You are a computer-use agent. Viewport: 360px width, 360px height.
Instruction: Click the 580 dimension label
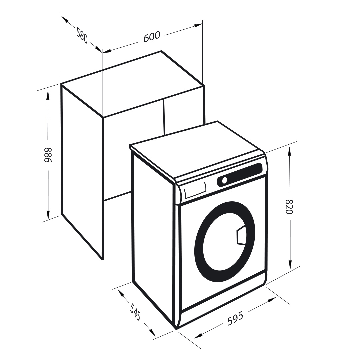click(82, 36)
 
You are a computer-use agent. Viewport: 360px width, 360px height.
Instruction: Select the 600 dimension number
click(152, 37)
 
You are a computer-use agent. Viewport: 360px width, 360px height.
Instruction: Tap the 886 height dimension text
click(48, 155)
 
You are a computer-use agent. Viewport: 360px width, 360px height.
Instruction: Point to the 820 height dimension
click(289, 206)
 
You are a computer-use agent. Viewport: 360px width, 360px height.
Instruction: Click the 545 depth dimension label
click(135, 312)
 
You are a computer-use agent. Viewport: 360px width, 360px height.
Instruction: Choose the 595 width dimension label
click(235, 319)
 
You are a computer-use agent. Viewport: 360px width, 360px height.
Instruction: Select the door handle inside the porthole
click(241, 235)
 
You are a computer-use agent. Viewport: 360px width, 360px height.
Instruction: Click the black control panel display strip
click(240, 174)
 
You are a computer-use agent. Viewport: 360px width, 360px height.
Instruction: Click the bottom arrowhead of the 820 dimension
click(290, 264)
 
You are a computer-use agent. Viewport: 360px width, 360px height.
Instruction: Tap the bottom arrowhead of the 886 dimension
click(48, 215)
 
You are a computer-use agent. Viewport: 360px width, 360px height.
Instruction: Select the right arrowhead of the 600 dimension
click(198, 25)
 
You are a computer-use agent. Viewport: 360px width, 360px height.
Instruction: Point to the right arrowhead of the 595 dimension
click(271, 300)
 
